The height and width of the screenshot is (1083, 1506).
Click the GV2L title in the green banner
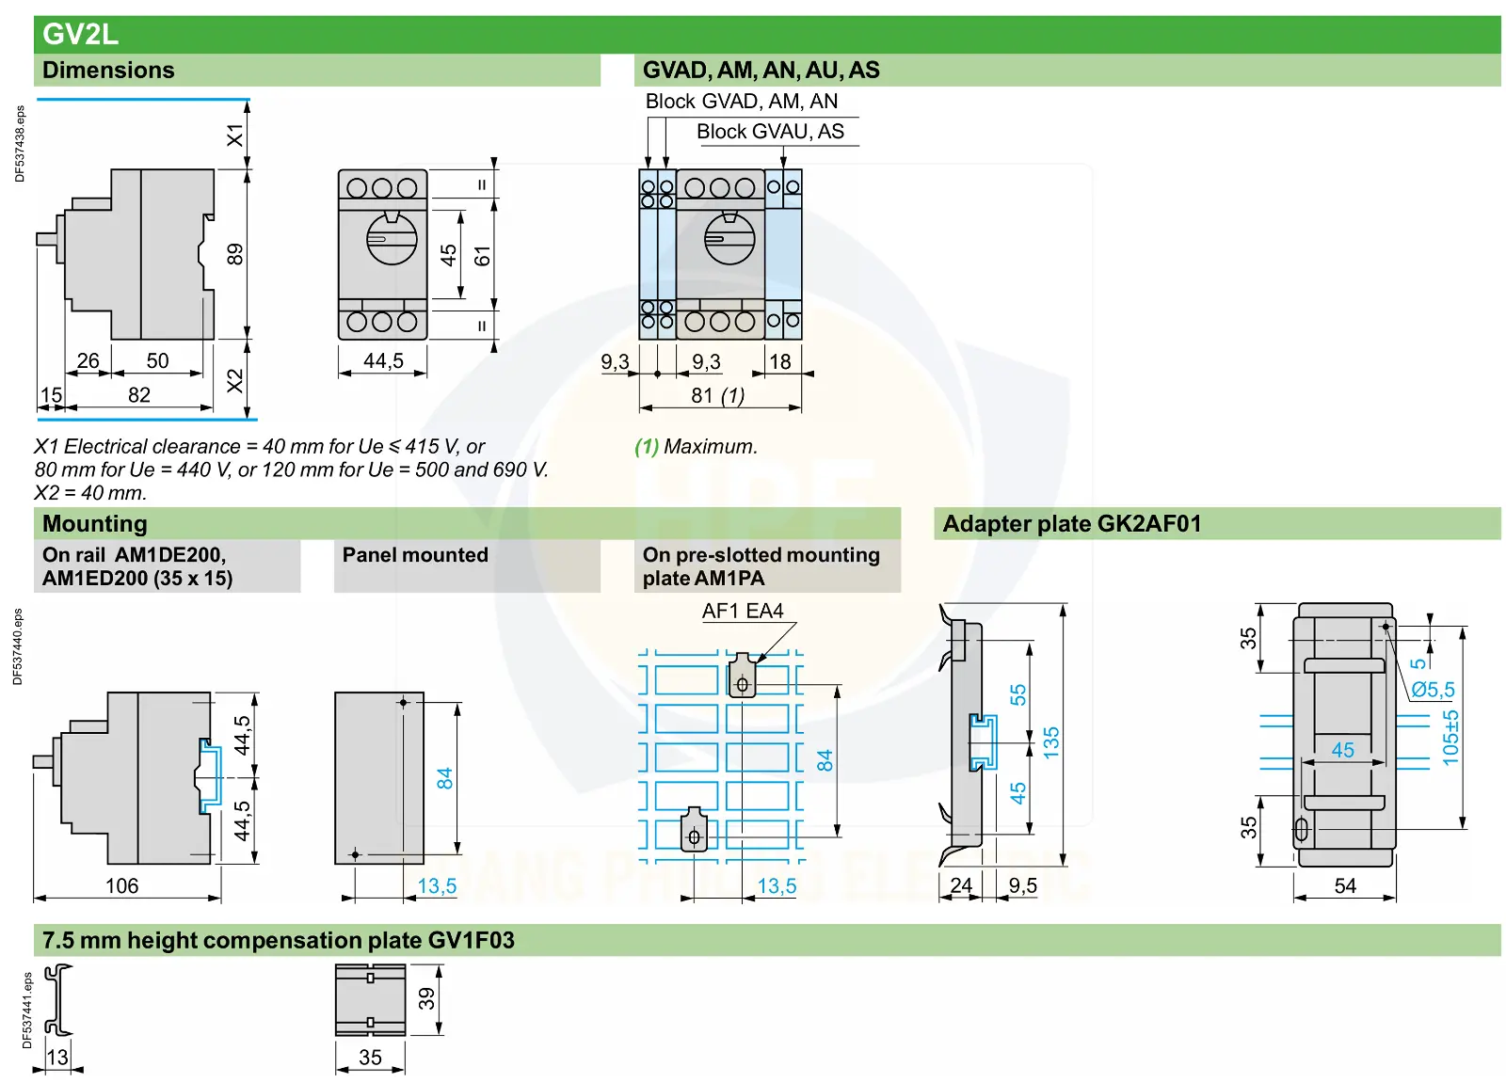[80, 34]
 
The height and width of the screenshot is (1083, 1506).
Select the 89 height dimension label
[234, 255]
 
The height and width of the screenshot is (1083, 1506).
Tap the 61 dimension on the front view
[482, 255]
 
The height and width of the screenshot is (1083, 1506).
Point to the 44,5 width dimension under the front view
[383, 361]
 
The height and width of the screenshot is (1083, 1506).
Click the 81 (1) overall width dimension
[717, 395]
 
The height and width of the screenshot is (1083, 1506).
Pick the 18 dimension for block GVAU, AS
[780, 361]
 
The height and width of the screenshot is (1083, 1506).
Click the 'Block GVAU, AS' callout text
[770, 131]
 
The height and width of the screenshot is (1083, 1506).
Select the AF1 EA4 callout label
[743, 611]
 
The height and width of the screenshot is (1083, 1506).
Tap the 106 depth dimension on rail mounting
[121, 885]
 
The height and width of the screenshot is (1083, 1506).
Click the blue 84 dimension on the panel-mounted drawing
[444, 778]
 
